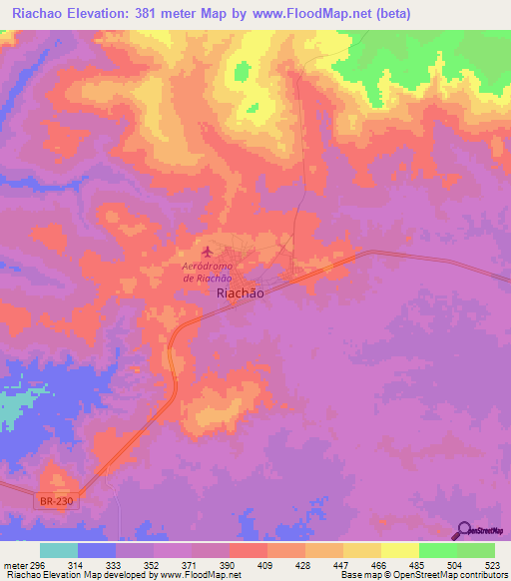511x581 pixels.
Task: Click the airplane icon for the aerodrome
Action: (x=207, y=251)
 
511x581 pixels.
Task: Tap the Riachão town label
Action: (x=241, y=294)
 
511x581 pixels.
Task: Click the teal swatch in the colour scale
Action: (x=59, y=550)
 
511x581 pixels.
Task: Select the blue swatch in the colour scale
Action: (x=97, y=550)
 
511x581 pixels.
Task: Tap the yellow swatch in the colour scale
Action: (x=399, y=550)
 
